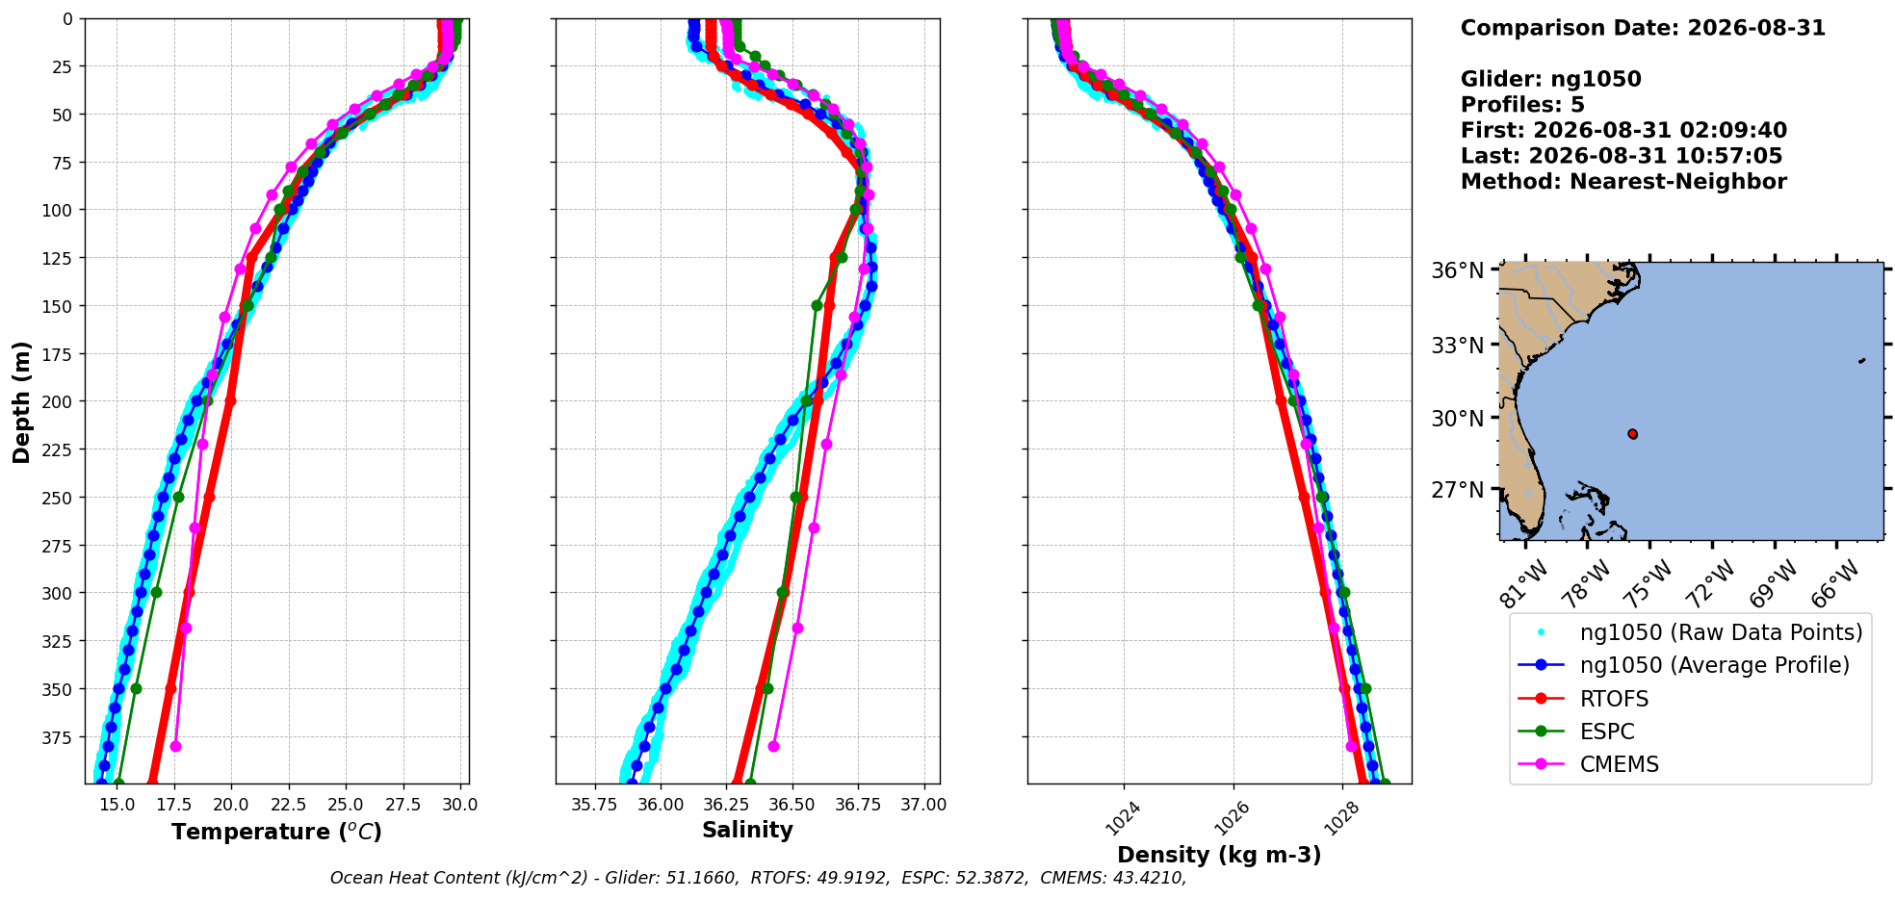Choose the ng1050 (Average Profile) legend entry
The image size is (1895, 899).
pos(1684,665)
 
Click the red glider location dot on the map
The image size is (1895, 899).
pos(1632,434)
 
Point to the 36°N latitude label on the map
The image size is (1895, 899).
pos(1457,270)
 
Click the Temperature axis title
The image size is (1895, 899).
pos(276,832)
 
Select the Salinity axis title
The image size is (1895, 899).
pos(747,830)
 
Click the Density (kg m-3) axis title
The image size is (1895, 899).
pos(1219,855)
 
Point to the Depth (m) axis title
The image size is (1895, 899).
pos(21,401)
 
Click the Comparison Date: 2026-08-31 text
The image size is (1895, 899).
pos(1643,28)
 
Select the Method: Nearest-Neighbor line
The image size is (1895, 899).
pos(1623,181)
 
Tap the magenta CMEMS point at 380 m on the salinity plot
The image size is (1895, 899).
pos(773,746)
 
